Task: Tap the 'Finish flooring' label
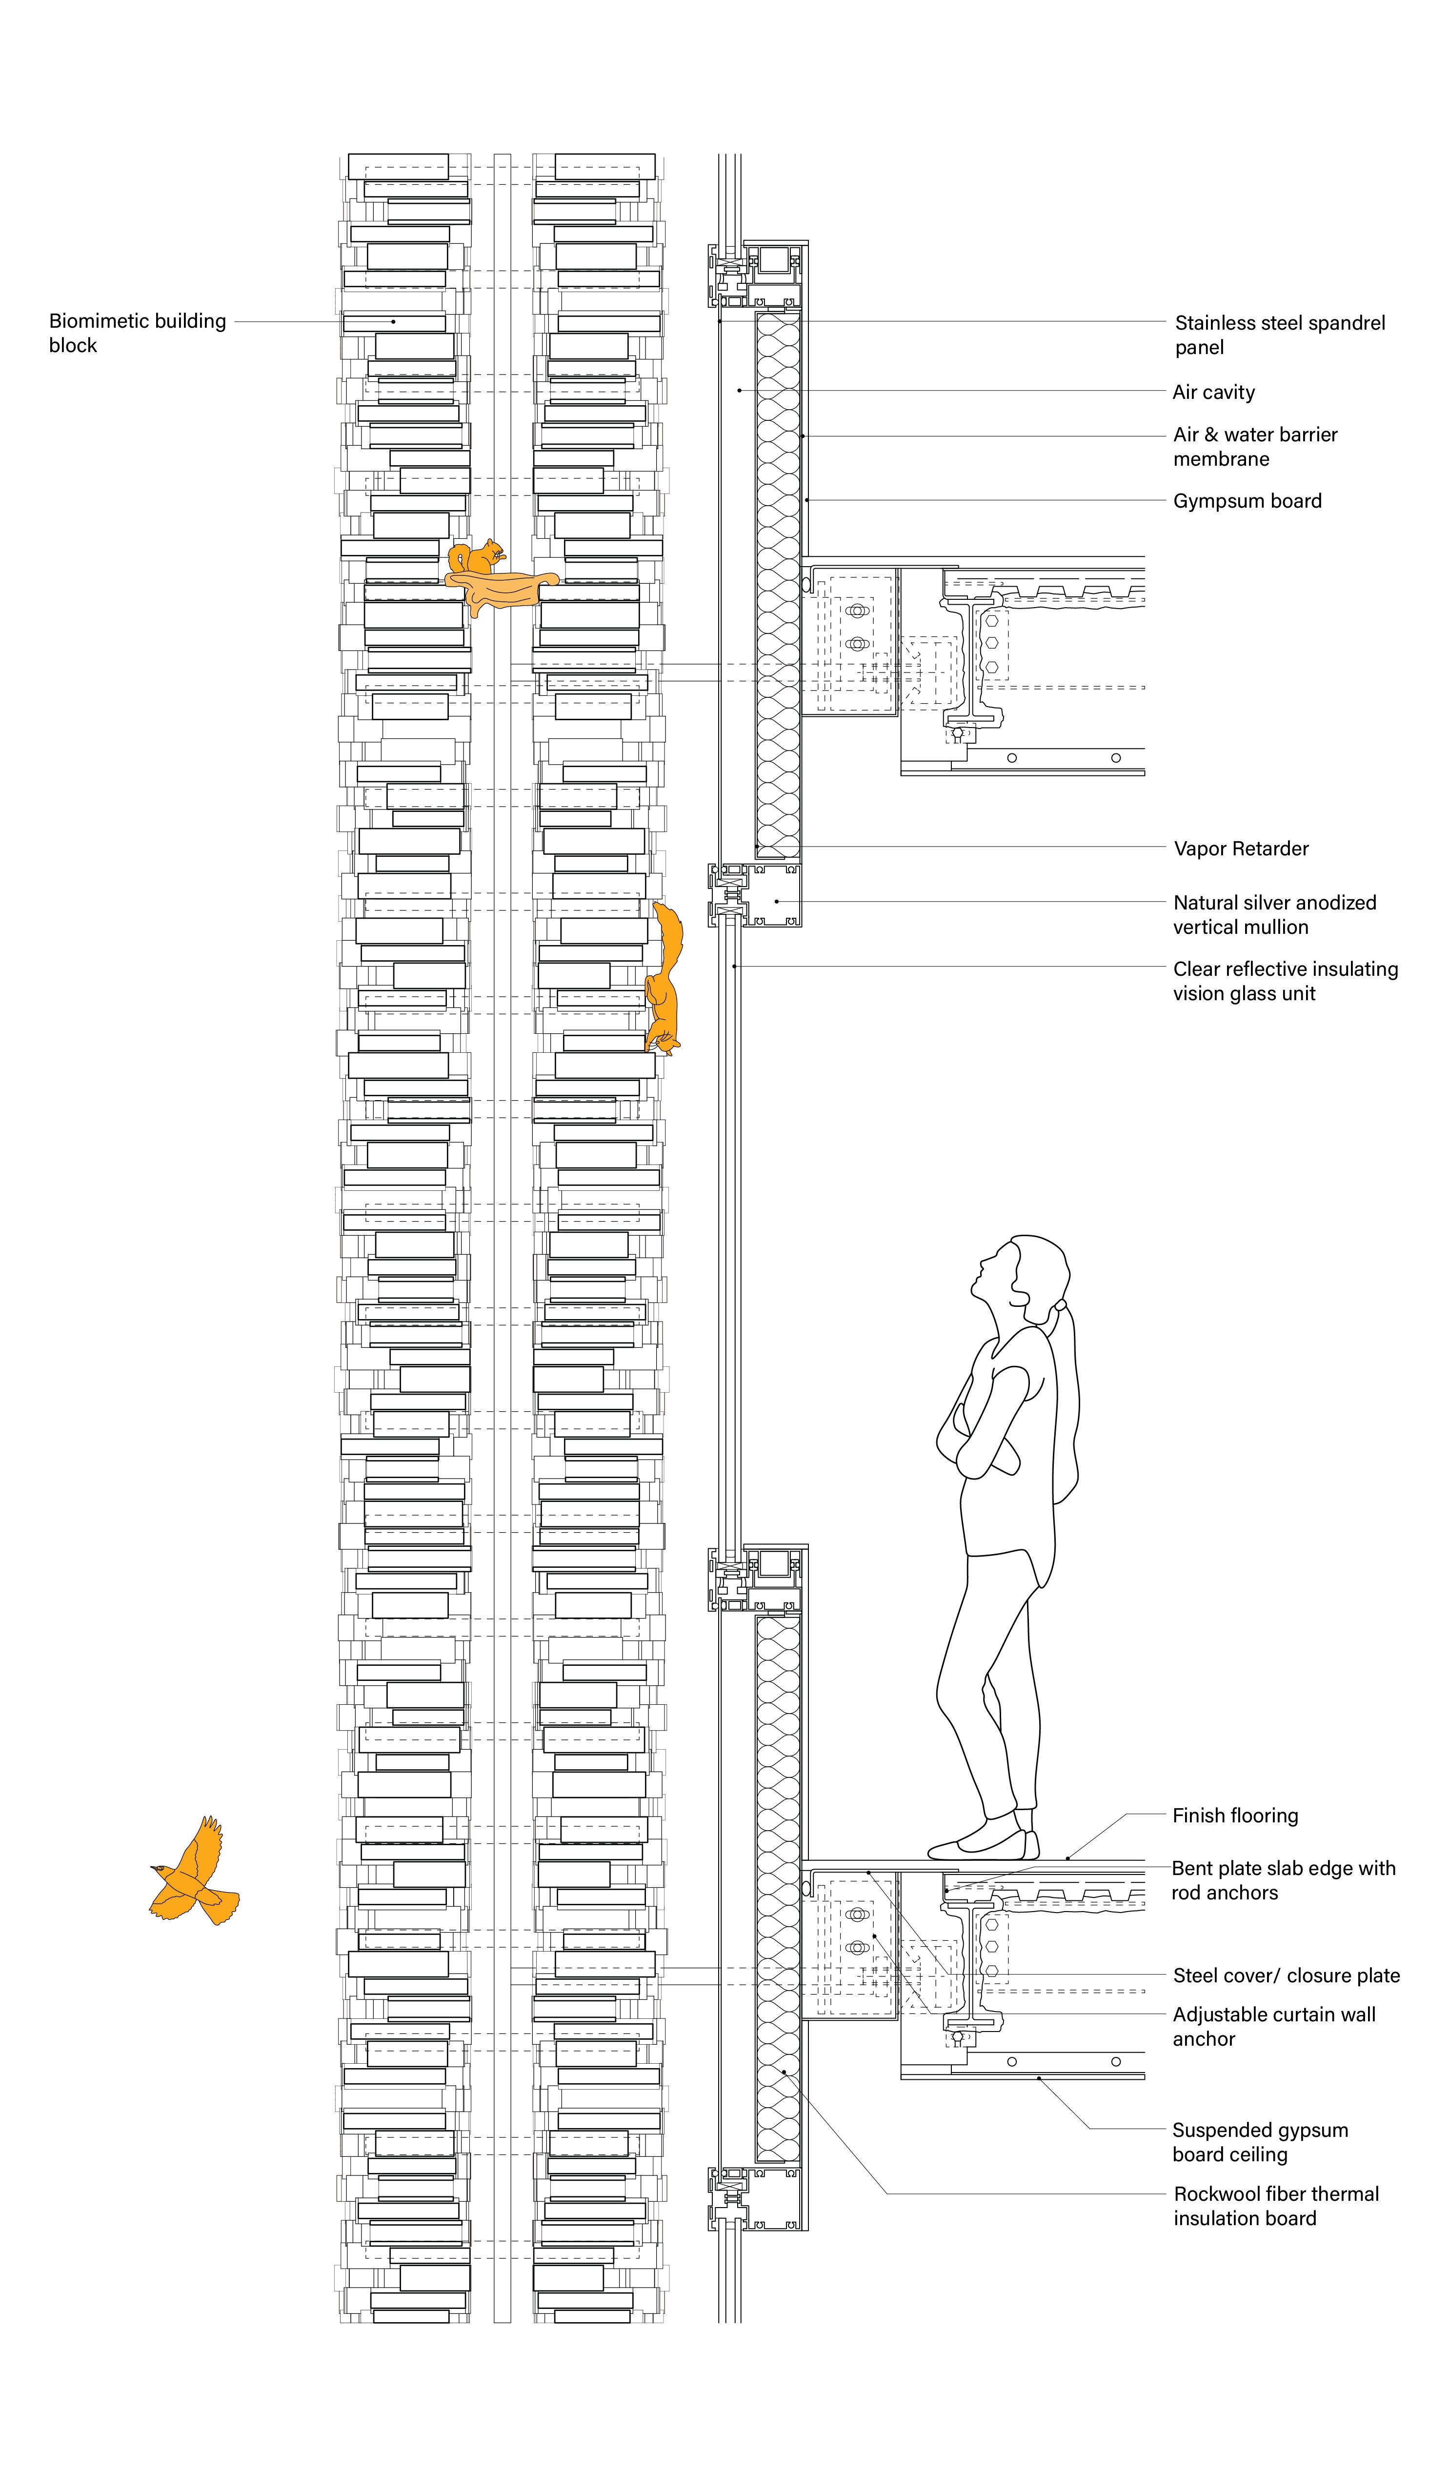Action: coord(1235,1816)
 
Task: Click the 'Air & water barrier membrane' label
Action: coord(1254,447)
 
